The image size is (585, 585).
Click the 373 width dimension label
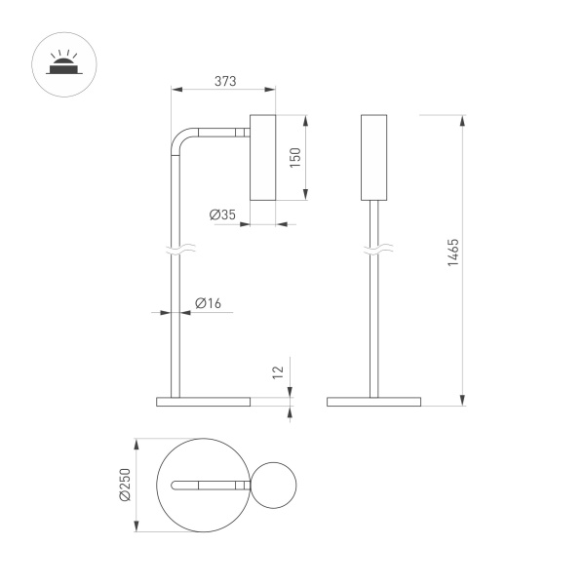tap(224, 82)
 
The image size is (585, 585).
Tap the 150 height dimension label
tap(294, 158)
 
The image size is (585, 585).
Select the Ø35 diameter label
tap(222, 214)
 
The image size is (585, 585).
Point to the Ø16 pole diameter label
tap(209, 303)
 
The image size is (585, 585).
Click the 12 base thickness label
tap(278, 371)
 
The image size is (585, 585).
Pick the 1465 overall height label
tap(452, 253)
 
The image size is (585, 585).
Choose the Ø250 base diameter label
tap(125, 484)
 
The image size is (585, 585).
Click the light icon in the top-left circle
tap(61, 63)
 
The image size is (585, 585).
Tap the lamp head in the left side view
tap(263, 157)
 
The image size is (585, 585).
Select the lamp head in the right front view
tap(373, 157)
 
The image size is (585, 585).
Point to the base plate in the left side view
tap(203, 401)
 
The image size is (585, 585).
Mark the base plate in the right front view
tap(373, 401)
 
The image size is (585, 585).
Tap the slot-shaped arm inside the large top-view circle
tap(209, 485)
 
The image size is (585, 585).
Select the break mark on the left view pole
tap(175, 252)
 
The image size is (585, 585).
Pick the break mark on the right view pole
tap(373, 252)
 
